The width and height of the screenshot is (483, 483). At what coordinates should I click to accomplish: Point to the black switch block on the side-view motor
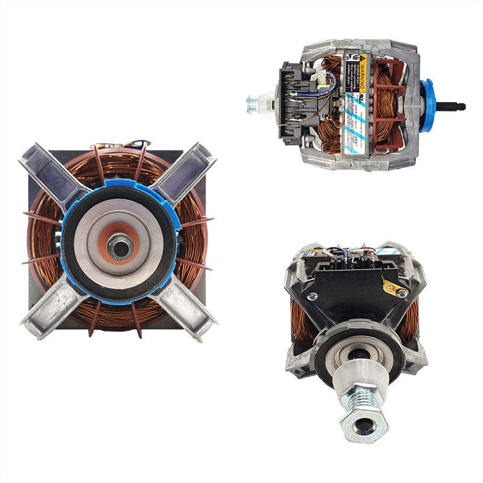pos(296,103)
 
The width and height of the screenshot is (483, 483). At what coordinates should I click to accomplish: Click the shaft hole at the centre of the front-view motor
pos(120,245)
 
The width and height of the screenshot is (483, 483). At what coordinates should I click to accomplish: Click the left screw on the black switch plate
pos(312,296)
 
